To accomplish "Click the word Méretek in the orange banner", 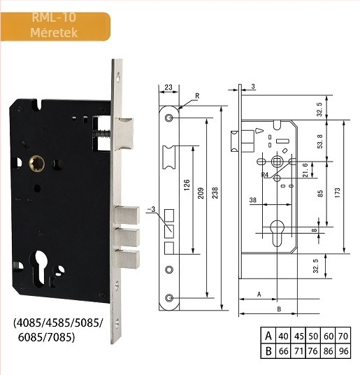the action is coord(54,32).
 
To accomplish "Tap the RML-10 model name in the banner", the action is coord(54,17).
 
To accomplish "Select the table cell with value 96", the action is coord(343,351).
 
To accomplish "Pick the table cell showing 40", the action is coord(283,337).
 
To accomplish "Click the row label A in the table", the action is coord(268,336).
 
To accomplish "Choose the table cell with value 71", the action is coord(298,351).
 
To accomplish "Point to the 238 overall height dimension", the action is coord(215,193).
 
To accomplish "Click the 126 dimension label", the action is coord(187,185).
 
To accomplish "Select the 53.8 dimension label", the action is coord(319,141).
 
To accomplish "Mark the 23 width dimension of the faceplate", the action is coord(168,87).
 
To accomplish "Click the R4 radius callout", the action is coord(265,175).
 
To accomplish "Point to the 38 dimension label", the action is coord(253,200).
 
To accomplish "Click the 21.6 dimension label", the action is coord(305,170).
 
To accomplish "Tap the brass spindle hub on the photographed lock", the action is coord(37,164).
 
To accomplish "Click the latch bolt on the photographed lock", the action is coord(124,134).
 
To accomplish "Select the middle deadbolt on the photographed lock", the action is coord(127,237).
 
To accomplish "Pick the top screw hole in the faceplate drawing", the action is coord(169,118).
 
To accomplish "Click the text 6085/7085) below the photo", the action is coord(46,337).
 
